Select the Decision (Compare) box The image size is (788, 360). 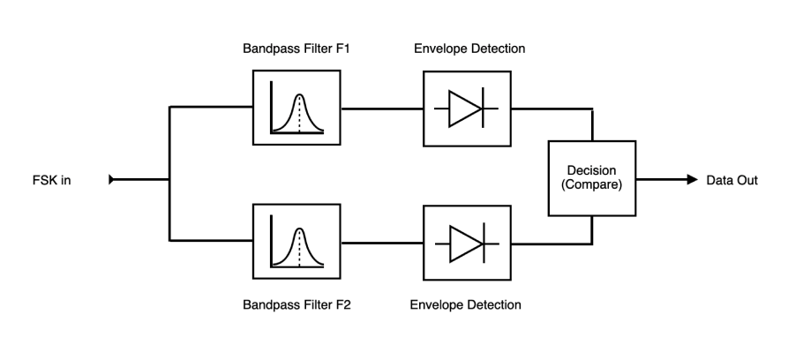(590, 178)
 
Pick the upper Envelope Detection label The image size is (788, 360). (468, 49)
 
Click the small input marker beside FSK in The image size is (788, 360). (112, 180)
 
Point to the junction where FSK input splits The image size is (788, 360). (169, 180)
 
